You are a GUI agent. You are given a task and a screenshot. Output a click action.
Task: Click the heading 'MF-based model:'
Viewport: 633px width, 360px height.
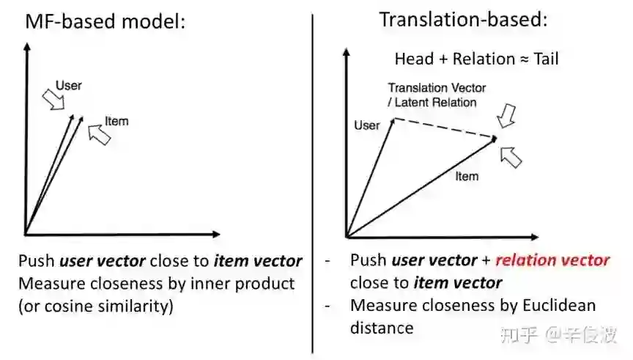pyautogui.click(x=105, y=22)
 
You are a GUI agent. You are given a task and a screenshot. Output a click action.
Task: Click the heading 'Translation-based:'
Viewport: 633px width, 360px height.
pyautogui.click(x=463, y=20)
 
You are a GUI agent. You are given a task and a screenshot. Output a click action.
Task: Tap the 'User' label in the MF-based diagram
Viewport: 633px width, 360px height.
pyautogui.click(x=69, y=86)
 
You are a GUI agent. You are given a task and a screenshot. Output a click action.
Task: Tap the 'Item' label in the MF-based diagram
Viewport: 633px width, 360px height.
pyautogui.click(x=116, y=121)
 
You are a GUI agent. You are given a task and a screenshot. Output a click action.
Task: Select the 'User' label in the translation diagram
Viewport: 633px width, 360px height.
pyautogui.click(x=367, y=125)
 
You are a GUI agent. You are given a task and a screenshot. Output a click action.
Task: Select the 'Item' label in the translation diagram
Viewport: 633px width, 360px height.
pyautogui.click(x=467, y=176)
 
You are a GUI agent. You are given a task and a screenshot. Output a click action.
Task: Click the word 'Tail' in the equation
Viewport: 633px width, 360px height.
pyautogui.click(x=547, y=59)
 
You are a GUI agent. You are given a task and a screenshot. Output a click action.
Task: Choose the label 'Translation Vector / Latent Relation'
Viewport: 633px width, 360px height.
pyautogui.click(x=437, y=95)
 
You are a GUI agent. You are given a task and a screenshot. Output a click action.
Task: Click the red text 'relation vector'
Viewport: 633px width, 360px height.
pyautogui.click(x=553, y=260)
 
